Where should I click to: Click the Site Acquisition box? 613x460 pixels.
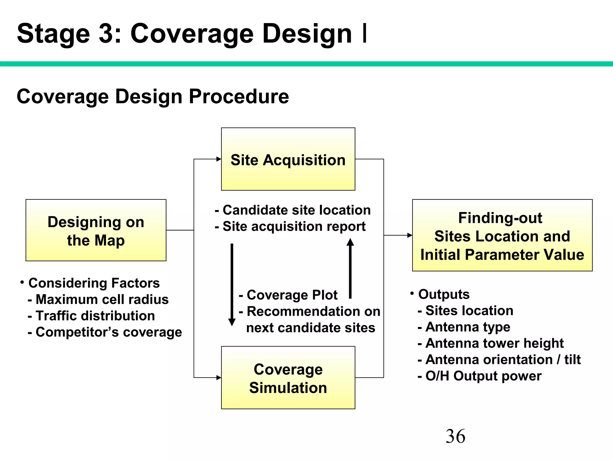point(288,159)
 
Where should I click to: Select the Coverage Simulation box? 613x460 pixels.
point(288,378)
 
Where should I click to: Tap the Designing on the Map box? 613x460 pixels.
point(96,230)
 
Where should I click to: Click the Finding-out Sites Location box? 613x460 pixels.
point(502,235)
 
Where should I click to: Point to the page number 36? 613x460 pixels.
point(455,436)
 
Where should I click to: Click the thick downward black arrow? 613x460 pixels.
point(232,285)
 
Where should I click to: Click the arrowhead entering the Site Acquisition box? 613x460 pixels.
point(219,159)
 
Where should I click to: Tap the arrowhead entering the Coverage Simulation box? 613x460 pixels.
point(219,378)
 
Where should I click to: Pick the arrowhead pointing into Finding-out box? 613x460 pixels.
point(410,235)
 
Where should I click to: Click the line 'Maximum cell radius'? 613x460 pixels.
point(102,299)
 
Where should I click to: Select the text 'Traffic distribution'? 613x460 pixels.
point(95,316)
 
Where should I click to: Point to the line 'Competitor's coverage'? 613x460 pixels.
point(108,332)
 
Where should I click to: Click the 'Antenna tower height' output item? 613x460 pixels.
point(494,343)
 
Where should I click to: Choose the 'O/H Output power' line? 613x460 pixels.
point(483,376)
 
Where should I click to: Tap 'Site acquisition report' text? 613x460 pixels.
point(294,226)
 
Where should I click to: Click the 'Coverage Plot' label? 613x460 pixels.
point(292,295)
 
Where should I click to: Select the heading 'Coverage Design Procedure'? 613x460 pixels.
point(153,96)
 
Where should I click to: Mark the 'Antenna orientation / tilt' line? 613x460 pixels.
point(503,359)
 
